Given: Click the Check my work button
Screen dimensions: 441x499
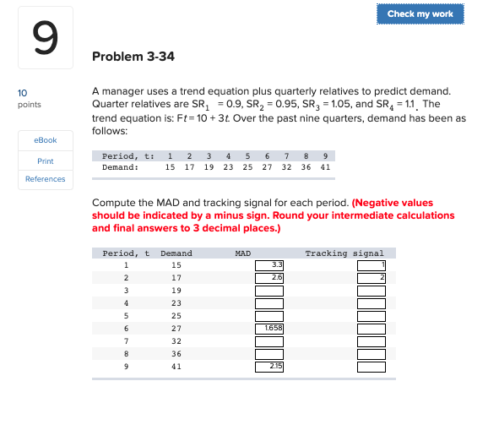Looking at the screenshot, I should pyautogui.click(x=420, y=14).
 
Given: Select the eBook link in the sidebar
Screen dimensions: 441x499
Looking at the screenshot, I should pyautogui.click(x=45, y=140).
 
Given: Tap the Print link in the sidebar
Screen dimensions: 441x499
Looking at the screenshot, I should pyautogui.click(x=45, y=161).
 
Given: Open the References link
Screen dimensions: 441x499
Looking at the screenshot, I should pyautogui.click(x=45, y=179).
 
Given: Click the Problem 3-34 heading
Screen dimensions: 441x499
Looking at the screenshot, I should pyautogui.click(x=133, y=57).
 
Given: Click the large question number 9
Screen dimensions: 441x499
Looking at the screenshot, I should pyautogui.click(x=45, y=37).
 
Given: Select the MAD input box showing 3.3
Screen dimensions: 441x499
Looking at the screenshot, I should pyautogui.click(x=269, y=266).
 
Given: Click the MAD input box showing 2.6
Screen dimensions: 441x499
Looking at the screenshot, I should pyautogui.click(x=269, y=278).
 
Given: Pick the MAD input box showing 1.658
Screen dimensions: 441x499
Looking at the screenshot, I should pyautogui.click(x=269, y=326).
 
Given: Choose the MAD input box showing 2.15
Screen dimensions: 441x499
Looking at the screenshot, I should pyautogui.click(x=269, y=367).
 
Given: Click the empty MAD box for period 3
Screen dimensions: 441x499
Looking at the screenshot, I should pyautogui.click(x=269, y=291).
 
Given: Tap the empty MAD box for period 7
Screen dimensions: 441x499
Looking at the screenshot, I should pyautogui.click(x=269, y=340).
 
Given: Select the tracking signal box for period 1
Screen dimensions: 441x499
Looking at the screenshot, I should pyautogui.click(x=371, y=266).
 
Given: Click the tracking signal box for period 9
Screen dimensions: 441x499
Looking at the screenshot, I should pyautogui.click(x=371, y=367).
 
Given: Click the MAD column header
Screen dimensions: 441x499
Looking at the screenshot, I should pyautogui.click(x=242, y=253).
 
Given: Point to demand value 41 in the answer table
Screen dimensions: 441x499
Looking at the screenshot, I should pyautogui.click(x=176, y=367).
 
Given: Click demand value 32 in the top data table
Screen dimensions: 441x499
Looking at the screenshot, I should pyautogui.click(x=287, y=167).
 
